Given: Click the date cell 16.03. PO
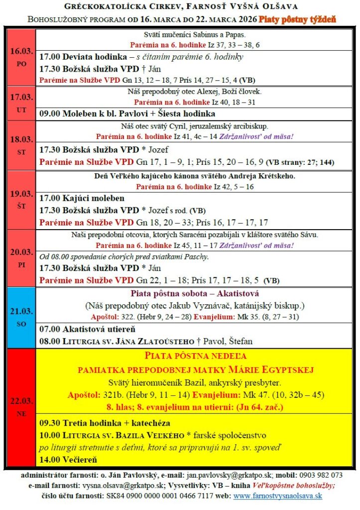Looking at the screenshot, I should [21, 57].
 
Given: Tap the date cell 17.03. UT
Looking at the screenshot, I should [21, 102].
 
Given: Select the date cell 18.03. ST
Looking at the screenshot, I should [21, 144].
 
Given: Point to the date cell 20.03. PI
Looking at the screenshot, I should [21, 258].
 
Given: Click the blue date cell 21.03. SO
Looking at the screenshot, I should [21, 317].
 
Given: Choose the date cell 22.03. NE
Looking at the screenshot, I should [21, 407].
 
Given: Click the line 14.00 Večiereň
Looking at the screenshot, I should [68, 459].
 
